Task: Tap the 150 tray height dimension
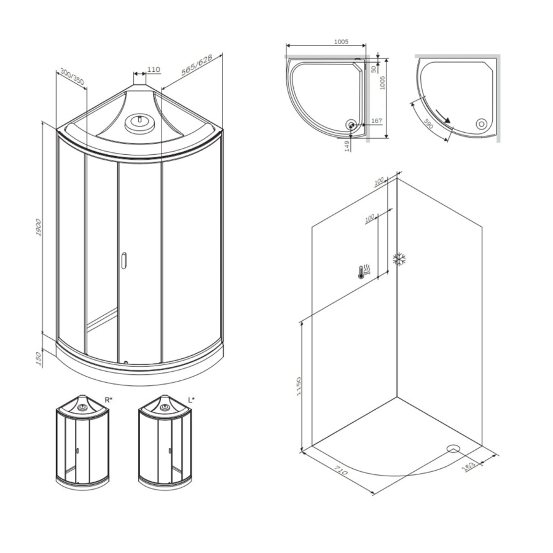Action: click(39, 358)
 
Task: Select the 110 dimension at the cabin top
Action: click(154, 69)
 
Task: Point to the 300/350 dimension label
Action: click(72, 77)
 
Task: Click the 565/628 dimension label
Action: click(197, 65)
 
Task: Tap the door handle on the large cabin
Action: click(124, 261)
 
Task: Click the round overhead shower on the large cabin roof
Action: click(140, 123)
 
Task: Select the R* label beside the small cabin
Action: click(108, 400)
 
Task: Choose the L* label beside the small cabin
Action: click(191, 400)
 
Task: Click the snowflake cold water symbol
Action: click(399, 259)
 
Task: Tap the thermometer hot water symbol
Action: click(364, 272)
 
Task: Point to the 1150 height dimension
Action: click(298, 386)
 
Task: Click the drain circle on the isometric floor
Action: click(453, 449)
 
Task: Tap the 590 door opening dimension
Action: click(428, 124)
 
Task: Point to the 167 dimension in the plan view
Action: click(377, 120)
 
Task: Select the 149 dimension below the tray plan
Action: click(348, 146)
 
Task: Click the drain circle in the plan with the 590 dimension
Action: click(481, 124)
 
